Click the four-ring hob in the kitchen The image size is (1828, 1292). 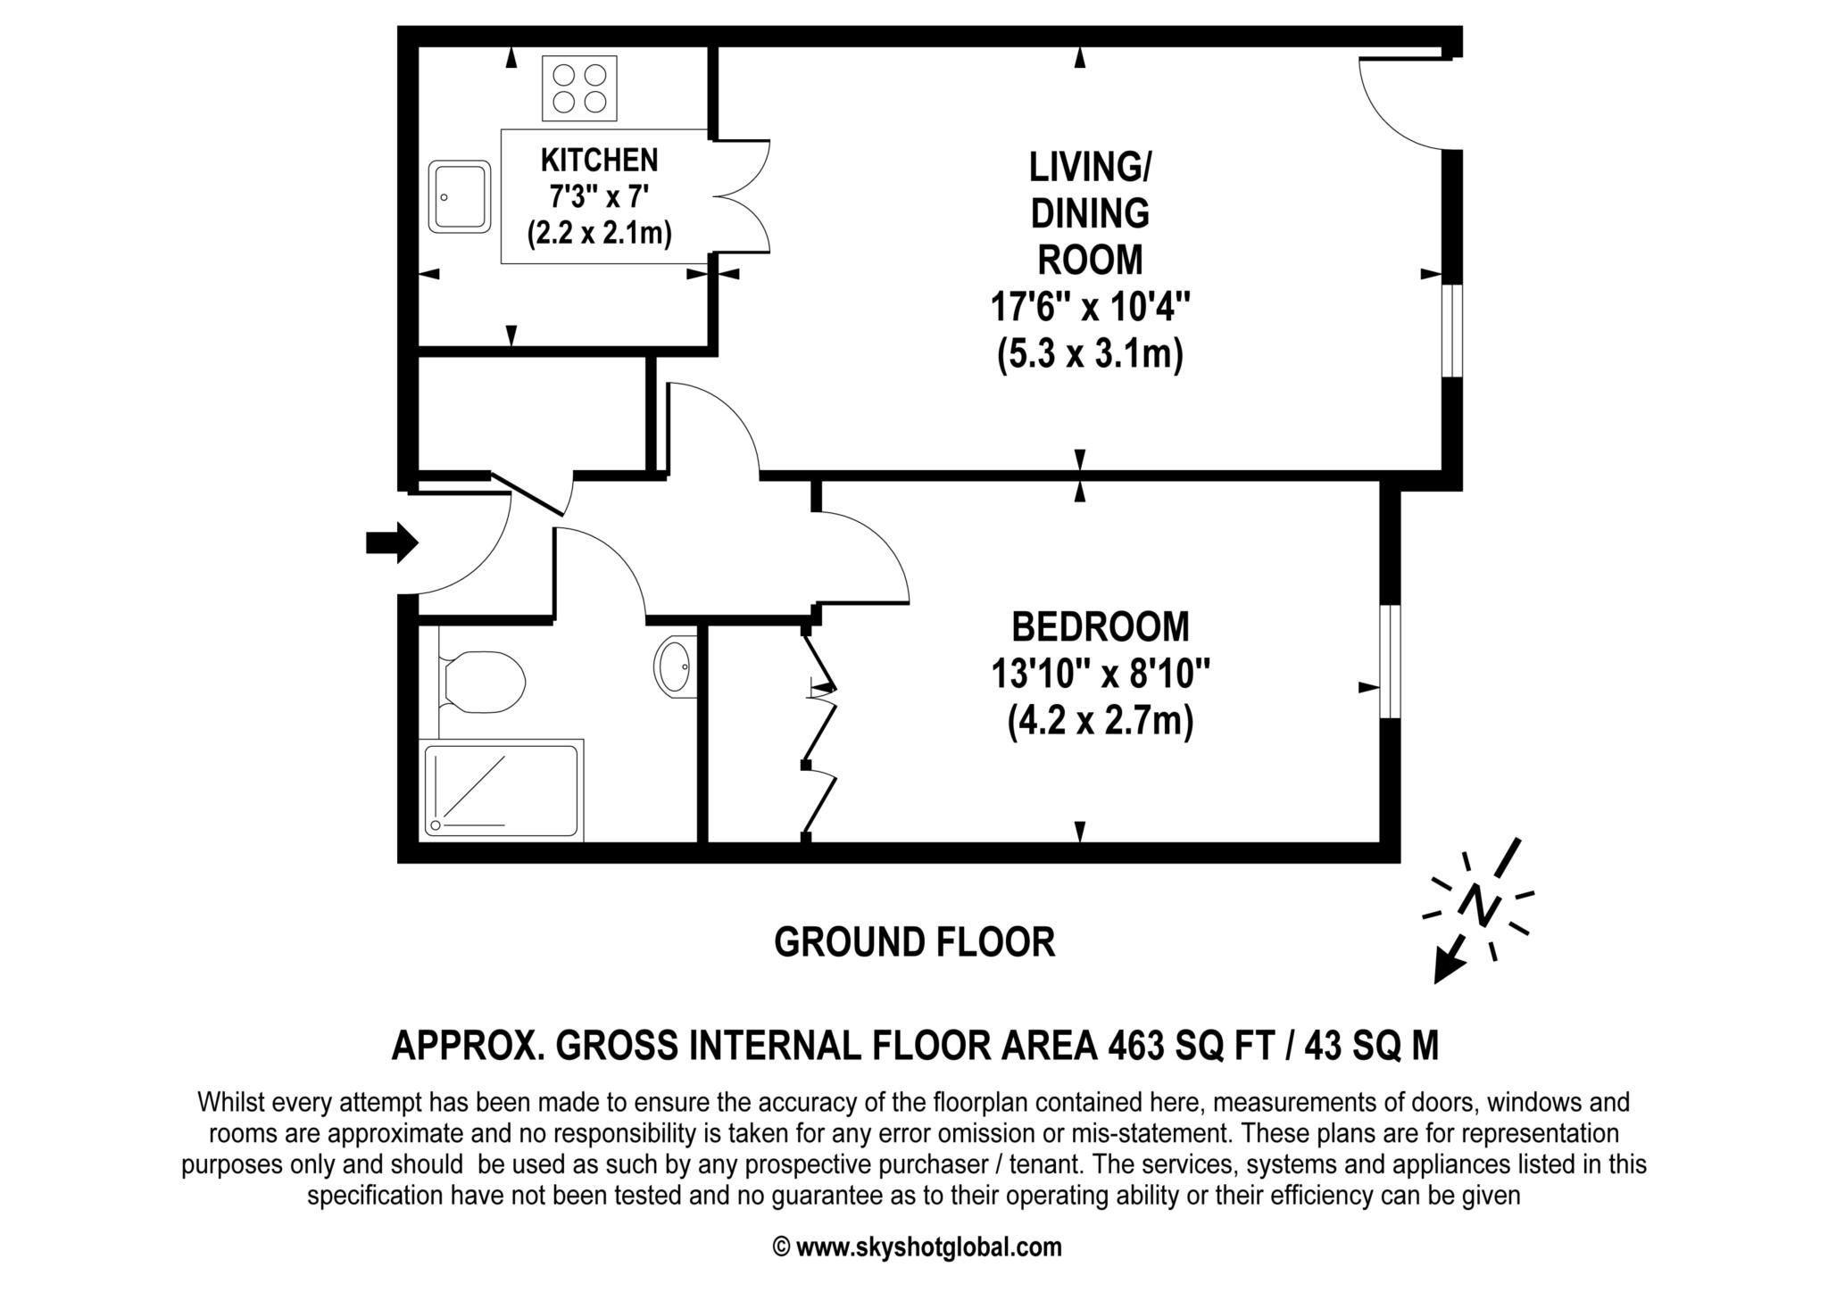point(579,88)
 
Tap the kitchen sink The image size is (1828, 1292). point(460,197)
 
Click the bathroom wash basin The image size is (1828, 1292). point(676,666)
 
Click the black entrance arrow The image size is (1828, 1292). point(392,542)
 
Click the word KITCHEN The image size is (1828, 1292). point(599,161)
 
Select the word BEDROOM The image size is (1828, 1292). point(1101,626)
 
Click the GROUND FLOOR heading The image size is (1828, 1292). point(914,942)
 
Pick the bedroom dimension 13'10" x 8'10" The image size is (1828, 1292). point(1101,674)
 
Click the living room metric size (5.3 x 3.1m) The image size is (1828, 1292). point(1090,355)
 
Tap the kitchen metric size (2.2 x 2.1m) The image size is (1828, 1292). point(599,234)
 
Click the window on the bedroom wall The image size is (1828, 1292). point(1390,661)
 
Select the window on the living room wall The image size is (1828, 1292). point(1452,330)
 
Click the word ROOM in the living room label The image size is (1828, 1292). point(1090,261)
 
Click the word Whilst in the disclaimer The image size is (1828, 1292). point(230,1103)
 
